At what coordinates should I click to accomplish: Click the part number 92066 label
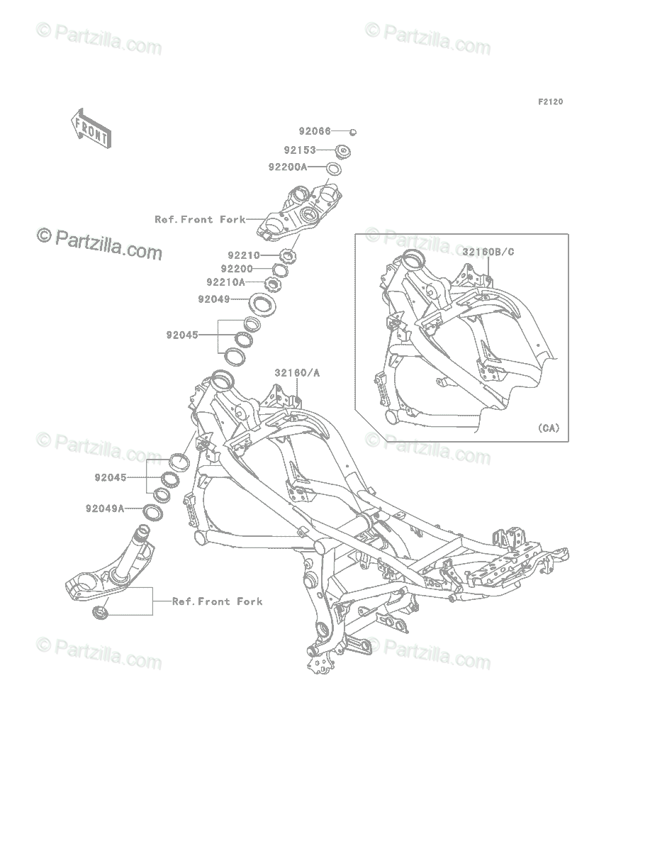point(315,131)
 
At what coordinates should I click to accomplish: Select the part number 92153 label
point(300,150)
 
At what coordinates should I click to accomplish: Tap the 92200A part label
point(288,167)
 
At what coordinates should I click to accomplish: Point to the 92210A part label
point(225,282)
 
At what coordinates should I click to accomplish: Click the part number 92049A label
point(105,508)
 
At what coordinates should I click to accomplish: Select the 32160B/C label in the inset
point(489,251)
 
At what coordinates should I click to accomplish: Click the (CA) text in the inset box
point(548,428)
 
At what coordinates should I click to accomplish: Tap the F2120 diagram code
point(550,102)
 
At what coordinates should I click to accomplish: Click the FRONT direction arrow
point(90,128)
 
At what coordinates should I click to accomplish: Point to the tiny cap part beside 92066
point(352,131)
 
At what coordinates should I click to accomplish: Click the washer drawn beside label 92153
point(344,150)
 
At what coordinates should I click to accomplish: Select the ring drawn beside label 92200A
point(334,168)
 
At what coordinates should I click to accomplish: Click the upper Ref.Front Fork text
point(200,220)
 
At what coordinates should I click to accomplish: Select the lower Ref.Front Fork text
point(217,601)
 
